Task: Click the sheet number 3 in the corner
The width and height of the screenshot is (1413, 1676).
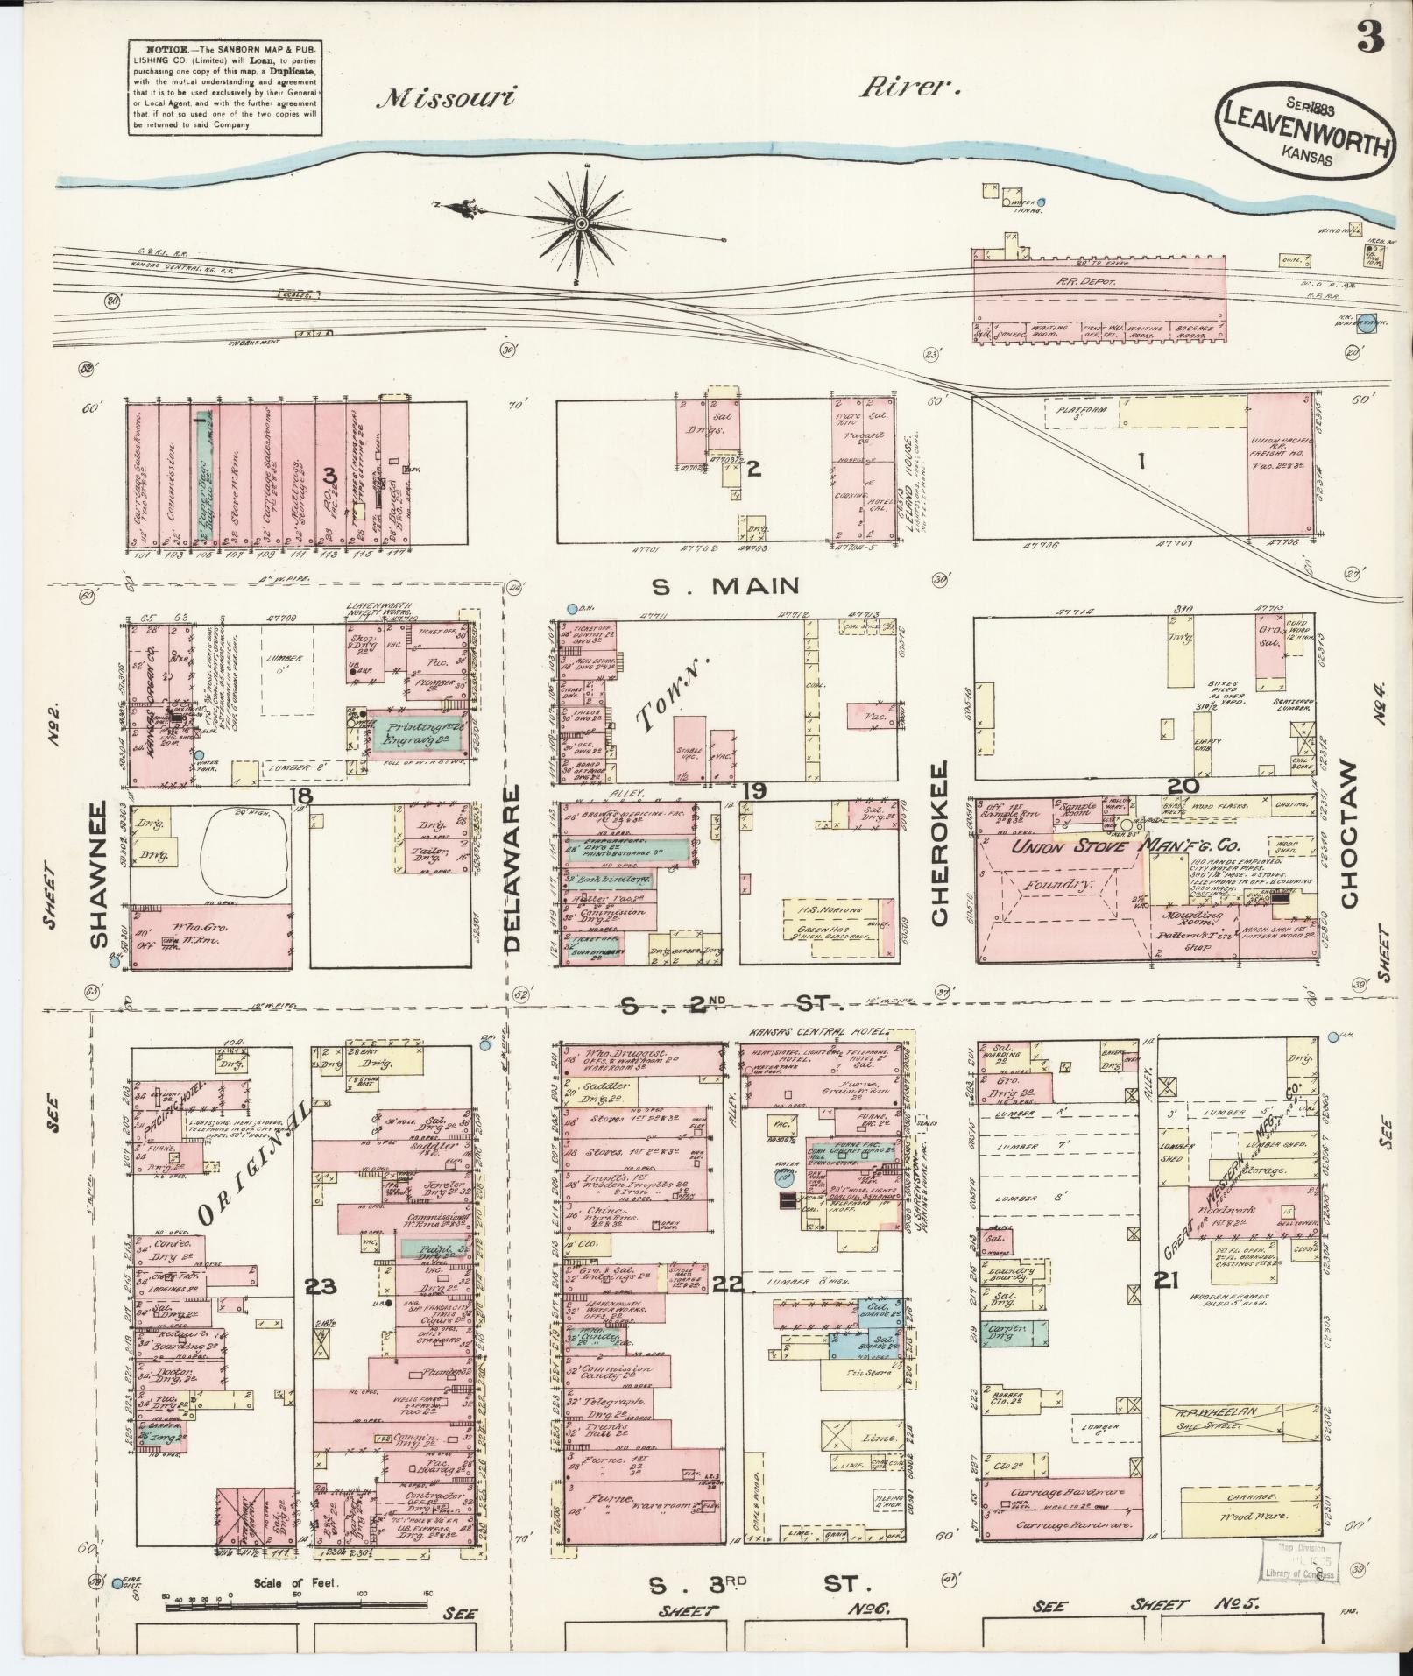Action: [1370, 37]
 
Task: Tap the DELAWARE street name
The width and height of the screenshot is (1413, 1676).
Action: [512, 868]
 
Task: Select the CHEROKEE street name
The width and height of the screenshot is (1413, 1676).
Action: [941, 844]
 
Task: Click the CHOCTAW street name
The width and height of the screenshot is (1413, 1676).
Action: [1348, 834]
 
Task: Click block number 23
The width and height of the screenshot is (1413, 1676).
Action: [320, 1286]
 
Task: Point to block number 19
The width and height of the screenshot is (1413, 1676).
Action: [754, 792]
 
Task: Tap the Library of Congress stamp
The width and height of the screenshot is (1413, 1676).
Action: [1300, 1560]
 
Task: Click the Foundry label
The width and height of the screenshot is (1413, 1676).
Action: [1061, 885]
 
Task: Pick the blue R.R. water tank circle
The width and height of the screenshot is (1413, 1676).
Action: [1367, 322]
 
